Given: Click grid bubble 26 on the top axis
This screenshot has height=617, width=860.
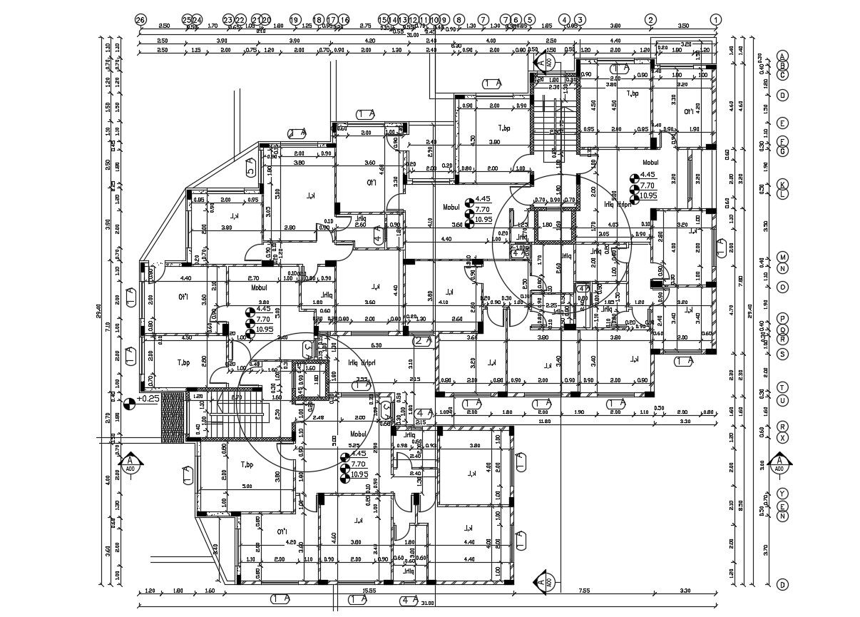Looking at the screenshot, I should coord(140,20).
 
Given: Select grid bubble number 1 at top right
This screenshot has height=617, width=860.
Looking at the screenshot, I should coord(716,20).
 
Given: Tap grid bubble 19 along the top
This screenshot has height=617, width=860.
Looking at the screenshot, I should coord(294,20).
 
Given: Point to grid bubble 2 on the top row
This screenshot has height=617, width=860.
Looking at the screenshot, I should coord(650,20).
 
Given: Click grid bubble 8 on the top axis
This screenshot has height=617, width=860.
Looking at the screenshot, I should coord(459,20).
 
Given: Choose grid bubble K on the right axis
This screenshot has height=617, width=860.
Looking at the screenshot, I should coord(782,183).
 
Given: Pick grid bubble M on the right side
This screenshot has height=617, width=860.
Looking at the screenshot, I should coord(782,257).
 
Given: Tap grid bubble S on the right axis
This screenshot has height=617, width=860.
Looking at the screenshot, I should coord(782,354).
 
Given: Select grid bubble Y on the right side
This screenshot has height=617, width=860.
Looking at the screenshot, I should coord(782,494).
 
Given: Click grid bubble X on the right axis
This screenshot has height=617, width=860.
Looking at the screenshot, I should coord(782,437).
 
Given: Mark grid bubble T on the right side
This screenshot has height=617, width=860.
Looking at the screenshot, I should coord(782,387).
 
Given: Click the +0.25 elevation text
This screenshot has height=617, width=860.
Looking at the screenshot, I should coord(148,399).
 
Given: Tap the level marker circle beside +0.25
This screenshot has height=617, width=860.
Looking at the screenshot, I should coord(129,404).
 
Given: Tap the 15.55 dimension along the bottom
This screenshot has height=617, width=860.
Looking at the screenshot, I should coord(349,591).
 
